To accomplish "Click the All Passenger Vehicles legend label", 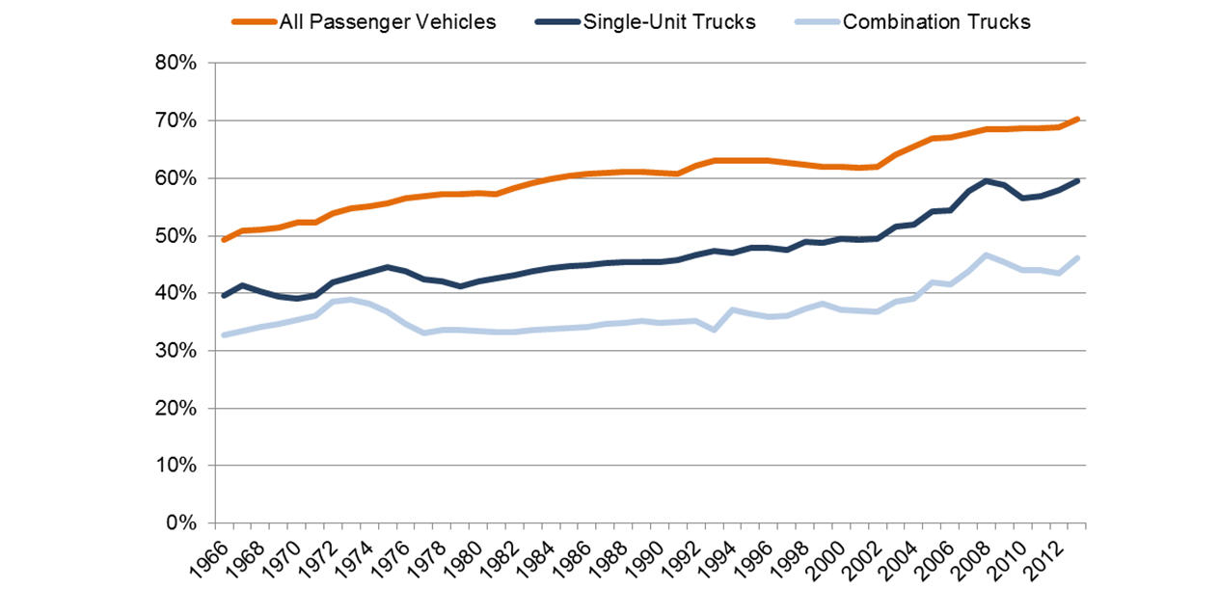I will click(387, 21).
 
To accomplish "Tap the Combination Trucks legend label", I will click(936, 21).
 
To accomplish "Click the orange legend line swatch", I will click(252, 21).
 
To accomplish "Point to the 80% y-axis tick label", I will click(176, 64).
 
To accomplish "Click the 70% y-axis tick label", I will click(176, 121).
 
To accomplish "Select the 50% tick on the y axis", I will click(176, 236).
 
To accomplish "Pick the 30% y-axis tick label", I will click(176, 351).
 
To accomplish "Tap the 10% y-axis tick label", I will click(176, 466).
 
